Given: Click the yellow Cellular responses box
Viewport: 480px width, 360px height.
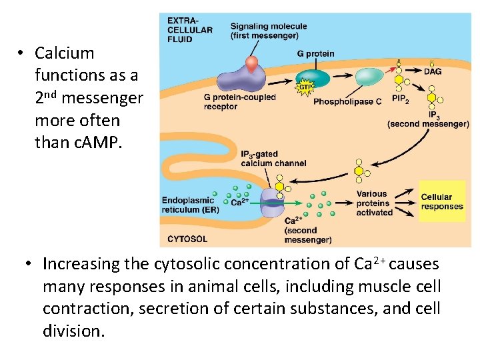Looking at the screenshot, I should [441, 202].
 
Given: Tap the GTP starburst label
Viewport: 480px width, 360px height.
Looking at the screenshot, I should [304, 87].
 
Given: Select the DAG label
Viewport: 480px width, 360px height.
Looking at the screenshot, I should [432, 71].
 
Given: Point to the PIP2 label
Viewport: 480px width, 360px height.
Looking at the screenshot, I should [401, 99].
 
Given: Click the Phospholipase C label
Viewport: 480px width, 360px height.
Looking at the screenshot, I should [347, 102].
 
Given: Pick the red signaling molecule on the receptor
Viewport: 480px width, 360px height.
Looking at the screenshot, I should [251, 64].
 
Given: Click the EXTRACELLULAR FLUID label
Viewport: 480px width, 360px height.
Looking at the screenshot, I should [190, 29].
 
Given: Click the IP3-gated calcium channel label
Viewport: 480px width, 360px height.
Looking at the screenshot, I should [273, 159].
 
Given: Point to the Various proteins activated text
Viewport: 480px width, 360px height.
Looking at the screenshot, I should [375, 203].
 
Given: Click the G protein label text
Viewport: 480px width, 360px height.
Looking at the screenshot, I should [316, 53].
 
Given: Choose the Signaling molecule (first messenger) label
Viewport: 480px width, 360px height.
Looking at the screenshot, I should [269, 31].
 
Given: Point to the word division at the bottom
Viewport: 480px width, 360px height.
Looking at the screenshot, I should [73, 331].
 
